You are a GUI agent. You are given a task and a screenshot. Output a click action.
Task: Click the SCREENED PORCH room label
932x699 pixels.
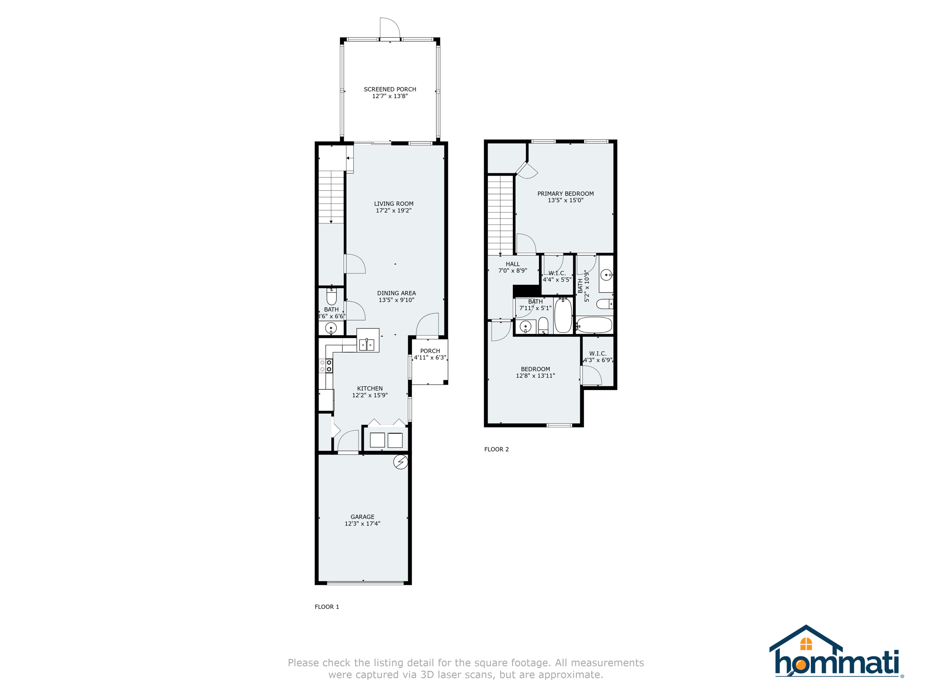pos(390,89)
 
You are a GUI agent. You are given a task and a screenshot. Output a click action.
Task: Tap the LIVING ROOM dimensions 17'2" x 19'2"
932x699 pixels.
pos(393,211)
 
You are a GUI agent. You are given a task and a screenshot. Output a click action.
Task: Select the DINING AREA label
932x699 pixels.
pos(396,293)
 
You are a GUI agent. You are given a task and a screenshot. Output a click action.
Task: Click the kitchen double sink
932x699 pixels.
pos(367,345)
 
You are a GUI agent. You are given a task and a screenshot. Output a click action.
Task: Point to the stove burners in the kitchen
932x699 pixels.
pos(329,366)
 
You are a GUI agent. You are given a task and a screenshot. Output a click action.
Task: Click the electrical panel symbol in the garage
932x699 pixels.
pos(400,462)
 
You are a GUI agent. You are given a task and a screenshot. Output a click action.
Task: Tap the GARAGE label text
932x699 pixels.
pos(362,517)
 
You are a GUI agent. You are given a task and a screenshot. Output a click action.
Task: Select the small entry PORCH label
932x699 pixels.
pos(430,351)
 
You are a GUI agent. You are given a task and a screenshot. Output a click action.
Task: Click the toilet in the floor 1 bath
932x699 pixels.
pos(331,297)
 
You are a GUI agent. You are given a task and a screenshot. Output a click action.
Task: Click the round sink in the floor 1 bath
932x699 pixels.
pos(331,328)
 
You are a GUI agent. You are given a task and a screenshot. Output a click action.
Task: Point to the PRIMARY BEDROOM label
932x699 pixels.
pos(565,193)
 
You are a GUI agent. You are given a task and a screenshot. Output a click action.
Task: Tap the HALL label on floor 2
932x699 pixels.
pos(512,264)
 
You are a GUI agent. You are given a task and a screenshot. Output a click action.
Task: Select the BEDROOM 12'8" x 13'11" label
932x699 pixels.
pos(535,369)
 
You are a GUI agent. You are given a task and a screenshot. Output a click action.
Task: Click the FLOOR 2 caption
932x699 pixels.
pos(496,449)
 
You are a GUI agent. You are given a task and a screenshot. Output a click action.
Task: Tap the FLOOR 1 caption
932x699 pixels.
pos(327,607)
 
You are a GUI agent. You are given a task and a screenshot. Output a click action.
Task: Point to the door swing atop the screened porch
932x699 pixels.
pos(390,27)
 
